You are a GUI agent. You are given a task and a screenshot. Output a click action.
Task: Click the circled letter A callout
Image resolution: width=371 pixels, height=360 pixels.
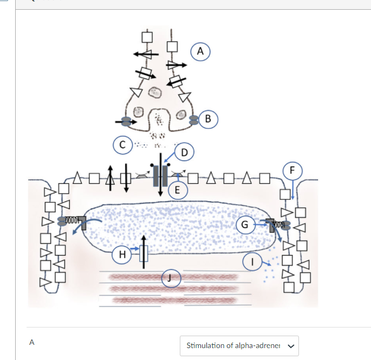(x=200, y=51)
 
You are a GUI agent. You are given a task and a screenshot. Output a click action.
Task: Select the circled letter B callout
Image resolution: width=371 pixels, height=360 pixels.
(x=208, y=119)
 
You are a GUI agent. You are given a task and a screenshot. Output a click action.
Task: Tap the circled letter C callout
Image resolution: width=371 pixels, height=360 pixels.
(x=122, y=145)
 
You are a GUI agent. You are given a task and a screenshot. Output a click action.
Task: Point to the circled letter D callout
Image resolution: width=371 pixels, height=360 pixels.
(x=184, y=152)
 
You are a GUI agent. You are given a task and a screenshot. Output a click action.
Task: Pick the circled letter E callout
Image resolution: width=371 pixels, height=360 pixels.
(x=178, y=190)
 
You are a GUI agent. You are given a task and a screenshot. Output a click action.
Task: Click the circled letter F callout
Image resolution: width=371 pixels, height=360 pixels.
(x=292, y=171)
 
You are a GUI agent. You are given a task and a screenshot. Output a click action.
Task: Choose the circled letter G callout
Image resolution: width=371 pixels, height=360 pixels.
(x=245, y=224)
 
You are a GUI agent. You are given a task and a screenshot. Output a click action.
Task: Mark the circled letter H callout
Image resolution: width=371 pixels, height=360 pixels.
(x=122, y=254)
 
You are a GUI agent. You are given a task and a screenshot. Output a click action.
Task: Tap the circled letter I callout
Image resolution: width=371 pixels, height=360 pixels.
(x=252, y=262)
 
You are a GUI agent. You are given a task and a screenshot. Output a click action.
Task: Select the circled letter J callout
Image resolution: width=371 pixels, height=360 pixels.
(x=171, y=278)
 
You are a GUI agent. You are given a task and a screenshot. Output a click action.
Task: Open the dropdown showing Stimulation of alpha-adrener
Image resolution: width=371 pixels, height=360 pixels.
(x=239, y=345)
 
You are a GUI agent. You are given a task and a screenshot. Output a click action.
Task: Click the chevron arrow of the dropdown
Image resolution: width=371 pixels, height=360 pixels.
(x=291, y=346)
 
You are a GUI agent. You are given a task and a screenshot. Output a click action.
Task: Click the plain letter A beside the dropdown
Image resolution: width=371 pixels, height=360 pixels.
(x=32, y=342)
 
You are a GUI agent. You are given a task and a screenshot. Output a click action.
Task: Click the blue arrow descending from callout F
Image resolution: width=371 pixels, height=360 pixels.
(x=292, y=189)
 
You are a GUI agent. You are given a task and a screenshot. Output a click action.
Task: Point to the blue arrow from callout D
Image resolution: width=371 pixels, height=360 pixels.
(x=170, y=157)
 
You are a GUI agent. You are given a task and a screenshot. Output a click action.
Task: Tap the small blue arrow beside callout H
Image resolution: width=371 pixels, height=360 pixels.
(x=135, y=248)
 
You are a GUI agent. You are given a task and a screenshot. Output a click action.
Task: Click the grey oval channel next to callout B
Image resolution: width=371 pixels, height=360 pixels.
(x=194, y=120)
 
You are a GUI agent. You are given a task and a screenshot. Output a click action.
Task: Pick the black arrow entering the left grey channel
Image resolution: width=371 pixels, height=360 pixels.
(x=126, y=122)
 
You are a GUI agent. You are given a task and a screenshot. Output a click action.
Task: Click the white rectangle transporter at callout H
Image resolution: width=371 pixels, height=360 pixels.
(x=144, y=253)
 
